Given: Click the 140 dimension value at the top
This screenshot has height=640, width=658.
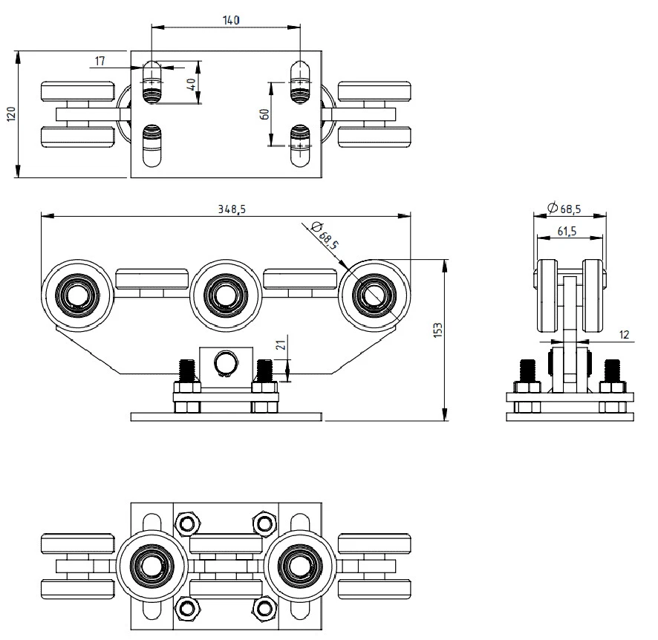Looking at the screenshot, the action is click(x=231, y=20).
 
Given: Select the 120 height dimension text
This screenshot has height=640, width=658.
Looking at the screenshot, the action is click(x=12, y=114).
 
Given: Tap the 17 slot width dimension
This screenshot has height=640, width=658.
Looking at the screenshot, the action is click(x=100, y=61).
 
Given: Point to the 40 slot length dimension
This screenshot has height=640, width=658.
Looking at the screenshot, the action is click(x=192, y=85).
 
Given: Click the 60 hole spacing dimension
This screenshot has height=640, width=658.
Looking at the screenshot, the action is click(x=264, y=114).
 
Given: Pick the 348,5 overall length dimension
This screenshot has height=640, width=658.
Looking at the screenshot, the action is click(x=231, y=209).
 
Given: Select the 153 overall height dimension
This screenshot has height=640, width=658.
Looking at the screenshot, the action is click(x=437, y=330).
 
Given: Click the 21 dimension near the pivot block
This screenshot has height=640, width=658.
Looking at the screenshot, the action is click(x=282, y=345).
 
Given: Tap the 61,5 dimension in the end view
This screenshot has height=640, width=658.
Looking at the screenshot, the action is click(x=567, y=231).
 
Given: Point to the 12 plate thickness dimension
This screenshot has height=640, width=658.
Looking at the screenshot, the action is click(x=625, y=334).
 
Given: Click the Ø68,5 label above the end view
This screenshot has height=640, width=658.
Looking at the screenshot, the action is click(x=564, y=208).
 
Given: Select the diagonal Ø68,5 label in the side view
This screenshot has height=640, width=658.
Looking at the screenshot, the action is click(x=325, y=235).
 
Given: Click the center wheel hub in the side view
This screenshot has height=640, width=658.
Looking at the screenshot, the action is click(x=225, y=295).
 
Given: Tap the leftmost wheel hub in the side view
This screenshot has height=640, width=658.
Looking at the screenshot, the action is click(x=78, y=295).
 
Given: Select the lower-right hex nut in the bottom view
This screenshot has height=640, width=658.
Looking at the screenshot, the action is click(x=265, y=607).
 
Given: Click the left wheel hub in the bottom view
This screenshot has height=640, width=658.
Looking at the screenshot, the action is click(x=151, y=566).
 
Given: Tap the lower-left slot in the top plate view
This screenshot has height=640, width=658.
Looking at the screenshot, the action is click(x=152, y=146).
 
